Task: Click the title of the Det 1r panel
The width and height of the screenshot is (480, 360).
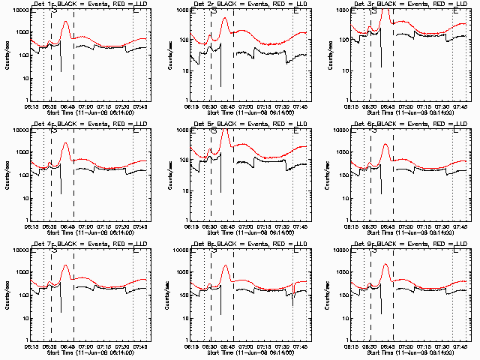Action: [x=91, y=5]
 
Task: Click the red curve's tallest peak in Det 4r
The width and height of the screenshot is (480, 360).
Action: [x=66, y=143]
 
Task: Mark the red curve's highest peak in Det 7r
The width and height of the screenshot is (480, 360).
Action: [x=66, y=265]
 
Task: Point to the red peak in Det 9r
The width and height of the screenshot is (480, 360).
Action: [x=386, y=265]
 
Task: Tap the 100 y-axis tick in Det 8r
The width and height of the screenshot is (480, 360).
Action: [x=184, y=295]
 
